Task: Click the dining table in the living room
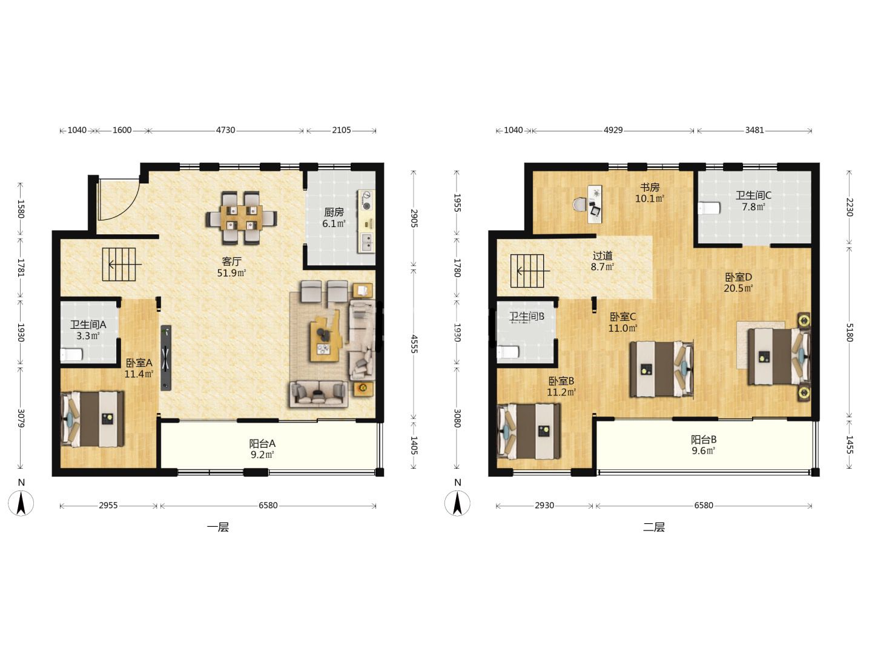pos(241,217)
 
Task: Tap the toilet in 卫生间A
pos(71,354)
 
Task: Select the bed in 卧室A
pos(92,419)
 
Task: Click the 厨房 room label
pos(334,213)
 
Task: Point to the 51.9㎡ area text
pos(231,273)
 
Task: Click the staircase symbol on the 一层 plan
pos(119,265)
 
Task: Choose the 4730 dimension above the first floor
pos(226,130)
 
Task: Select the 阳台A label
pos(262,443)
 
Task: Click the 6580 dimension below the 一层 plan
pos(268,506)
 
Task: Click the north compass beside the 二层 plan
pos(457,503)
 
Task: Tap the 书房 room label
pos(650,187)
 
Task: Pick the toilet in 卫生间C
pos(709,208)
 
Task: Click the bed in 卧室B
pos(529,431)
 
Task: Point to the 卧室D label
pos(739,277)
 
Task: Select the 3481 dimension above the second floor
pos(755,130)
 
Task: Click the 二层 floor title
pos(654,527)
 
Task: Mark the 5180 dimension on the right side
pos(849,332)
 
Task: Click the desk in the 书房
pos(595,204)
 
